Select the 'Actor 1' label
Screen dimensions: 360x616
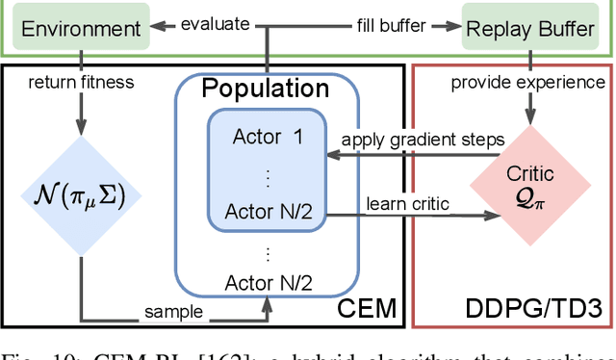coord(268,136)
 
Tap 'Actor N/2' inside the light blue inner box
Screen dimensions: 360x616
coord(268,211)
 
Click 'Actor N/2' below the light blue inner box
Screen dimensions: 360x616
coord(267,282)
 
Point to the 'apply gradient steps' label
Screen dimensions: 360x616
coord(421,140)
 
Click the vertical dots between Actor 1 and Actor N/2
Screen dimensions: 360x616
coord(268,174)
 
